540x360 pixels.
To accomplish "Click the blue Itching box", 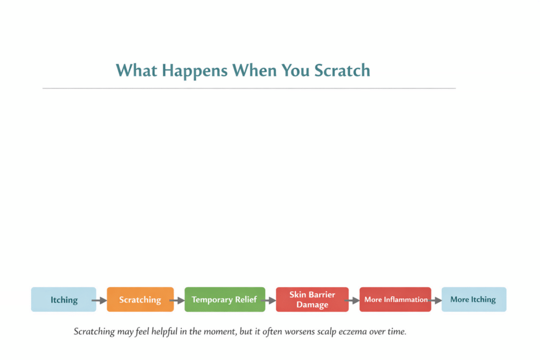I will [64, 299].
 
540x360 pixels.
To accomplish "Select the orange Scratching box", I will [140, 299].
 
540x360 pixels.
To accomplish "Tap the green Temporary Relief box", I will [224, 299].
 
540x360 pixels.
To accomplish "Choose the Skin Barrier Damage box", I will [312, 299].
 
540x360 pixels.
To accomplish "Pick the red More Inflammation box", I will [396, 299].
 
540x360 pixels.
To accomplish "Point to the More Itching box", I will [473, 299].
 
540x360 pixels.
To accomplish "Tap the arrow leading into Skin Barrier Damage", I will [269, 300].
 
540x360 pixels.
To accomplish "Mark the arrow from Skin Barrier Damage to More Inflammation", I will [353, 300].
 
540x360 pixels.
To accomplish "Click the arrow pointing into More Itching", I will [436, 300].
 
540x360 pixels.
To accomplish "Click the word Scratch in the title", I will [342, 70].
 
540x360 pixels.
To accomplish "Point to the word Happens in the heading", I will [196, 70].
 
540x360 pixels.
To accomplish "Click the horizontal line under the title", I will [249, 88].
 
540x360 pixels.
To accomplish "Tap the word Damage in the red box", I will [312, 305].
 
